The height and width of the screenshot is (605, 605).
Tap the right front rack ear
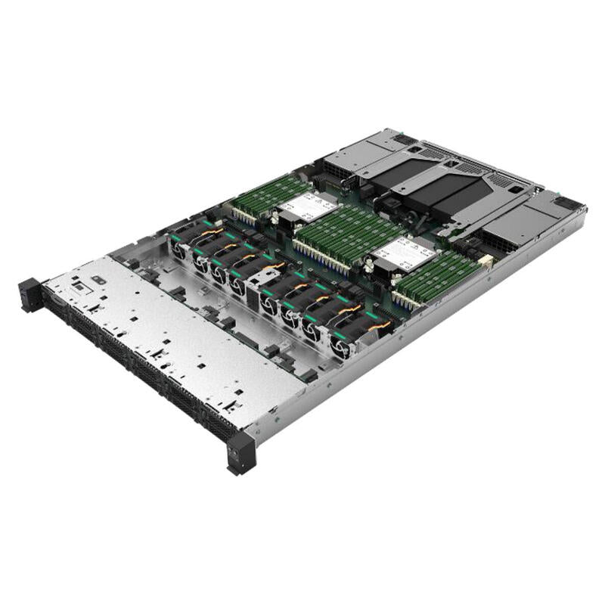pyautogui.click(x=241, y=453)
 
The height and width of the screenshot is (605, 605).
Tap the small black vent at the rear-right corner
pyautogui.click(x=566, y=203)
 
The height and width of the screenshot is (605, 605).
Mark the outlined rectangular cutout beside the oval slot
pyautogui.click(x=98, y=281)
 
